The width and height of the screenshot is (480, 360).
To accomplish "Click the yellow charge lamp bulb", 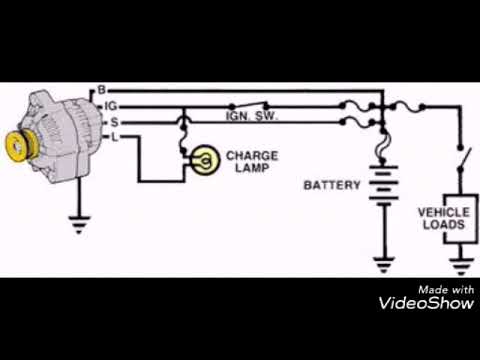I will pos(204,159).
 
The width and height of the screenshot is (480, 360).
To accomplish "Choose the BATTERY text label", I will pos(331,186).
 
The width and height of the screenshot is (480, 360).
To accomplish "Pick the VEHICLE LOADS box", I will pos(441,219).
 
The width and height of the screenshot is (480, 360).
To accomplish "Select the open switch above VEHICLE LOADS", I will pos(461,159).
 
